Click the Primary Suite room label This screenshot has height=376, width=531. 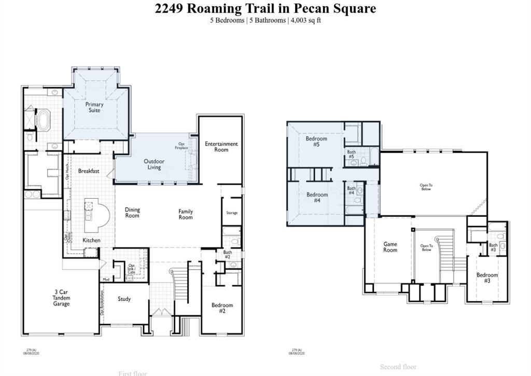tap(94, 107)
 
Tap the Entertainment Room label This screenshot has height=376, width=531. tap(221, 147)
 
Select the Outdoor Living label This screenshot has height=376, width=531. tap(154, 164)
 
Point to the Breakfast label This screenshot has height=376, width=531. tap(89, 171)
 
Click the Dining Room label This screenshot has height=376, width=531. tap(132, 213)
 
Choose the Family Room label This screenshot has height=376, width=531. tap(186, 214)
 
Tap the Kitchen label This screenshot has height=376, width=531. tap(92, 240)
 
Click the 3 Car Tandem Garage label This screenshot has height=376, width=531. tap(61, 298)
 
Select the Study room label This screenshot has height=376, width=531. tap(124, 299)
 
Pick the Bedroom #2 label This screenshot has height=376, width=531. tap(222, 308)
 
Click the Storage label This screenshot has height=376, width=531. tap(232, 213)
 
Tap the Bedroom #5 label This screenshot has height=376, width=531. tap(316, 142)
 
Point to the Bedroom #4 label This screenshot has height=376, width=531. tap(317, 198)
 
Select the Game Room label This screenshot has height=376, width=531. tap(390, 247)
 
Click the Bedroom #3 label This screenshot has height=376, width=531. tap(487, 278)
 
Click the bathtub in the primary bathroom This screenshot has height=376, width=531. tap(42, 120)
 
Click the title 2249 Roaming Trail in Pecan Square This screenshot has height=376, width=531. tap(265, 8)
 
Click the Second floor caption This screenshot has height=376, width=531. tap(398, 367)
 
